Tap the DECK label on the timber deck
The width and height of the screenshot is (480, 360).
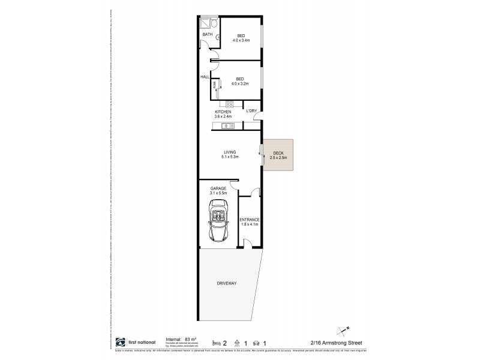click(x=278, y=153)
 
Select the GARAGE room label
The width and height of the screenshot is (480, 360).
click(x=218, y=188)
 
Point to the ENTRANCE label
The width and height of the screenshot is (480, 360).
click(x=249, y=220)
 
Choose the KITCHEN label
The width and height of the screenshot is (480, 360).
click(x=223, y=112)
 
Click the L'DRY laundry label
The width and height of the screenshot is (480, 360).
click(x=251, y=110)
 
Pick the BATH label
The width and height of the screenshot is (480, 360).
click(x=207, y=35)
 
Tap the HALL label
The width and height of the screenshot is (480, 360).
click(x=204, y=77)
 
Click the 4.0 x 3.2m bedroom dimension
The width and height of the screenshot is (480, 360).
click(x=239, y=83)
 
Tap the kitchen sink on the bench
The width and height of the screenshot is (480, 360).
click(x=226, y=125)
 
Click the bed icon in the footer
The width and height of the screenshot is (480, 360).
click(x=216, y=343)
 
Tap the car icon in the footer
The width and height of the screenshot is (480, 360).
click(x=257, y=343)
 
